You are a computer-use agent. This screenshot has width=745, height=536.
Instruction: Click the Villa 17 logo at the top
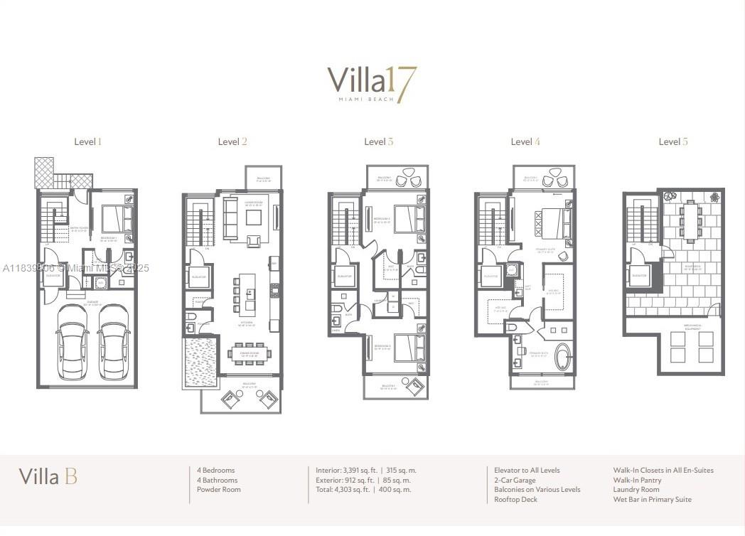pyautogui.click(x=372, y=83)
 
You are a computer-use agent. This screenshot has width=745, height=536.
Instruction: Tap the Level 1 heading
pyautogui.click(x=88, y=141)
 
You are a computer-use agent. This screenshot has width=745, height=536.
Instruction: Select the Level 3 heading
pyautogui.click(x=378, y=141)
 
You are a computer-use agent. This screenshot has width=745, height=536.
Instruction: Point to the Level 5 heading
pyautogui.click(x=672, y=141)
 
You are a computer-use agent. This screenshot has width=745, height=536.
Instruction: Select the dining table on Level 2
pyautogui.click(x=248, y=353)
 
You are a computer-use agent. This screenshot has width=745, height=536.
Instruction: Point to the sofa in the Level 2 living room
pyautogui.click(x=231, y=218)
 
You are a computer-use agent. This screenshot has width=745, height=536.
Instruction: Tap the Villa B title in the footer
pyautogui.click(x=48, y=476)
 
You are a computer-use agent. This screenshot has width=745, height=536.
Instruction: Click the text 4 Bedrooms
pyautogui.click(x=216, y=470)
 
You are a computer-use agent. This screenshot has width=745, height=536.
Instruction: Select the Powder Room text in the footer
pyautogui.click(x=219, y=489)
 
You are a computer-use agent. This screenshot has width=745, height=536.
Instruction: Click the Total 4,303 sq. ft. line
pyautogui.click(x=363, y=489)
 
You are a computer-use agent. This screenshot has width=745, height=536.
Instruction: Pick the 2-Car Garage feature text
pyautogui.click(x=515, y=480)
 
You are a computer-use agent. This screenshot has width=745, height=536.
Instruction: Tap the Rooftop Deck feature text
pyautogui.click(x=515, y=499)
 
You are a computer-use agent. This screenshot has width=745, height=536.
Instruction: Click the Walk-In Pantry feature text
pyautogui.click(x=637, y=480)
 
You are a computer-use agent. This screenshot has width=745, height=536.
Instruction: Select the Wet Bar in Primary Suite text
pyautogui.click(x=652, y=499)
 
